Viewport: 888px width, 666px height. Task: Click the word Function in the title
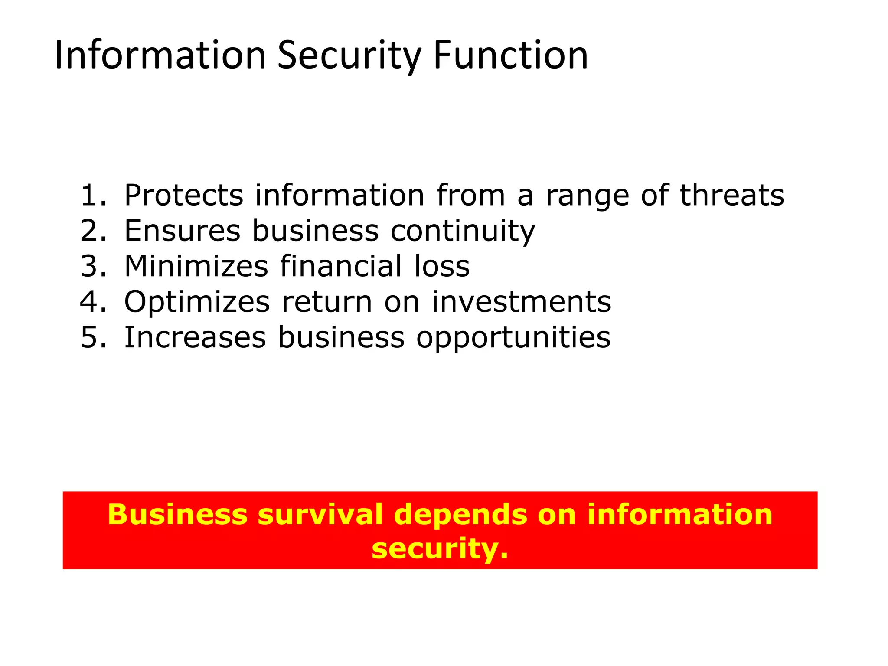(x=510, y=55)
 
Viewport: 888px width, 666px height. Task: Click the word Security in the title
(x=349, y=55)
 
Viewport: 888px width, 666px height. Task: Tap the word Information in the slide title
(x=160, y=55)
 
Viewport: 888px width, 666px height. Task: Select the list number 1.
(x=92, y=195)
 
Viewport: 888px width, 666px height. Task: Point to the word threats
(x=732, y=195)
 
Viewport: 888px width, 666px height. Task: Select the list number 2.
(x=92, y=231)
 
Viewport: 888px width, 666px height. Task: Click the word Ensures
(x=182, y=231)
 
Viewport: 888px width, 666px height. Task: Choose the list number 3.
(x=92, y=266)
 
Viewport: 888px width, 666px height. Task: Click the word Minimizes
(x=196, y=266)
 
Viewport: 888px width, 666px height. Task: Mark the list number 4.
(x=92, y=302)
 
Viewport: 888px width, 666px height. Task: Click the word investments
(x=521, y=302)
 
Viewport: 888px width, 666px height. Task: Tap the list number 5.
(x=92, y=337)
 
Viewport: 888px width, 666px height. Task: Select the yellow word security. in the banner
(x=440, y=549)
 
